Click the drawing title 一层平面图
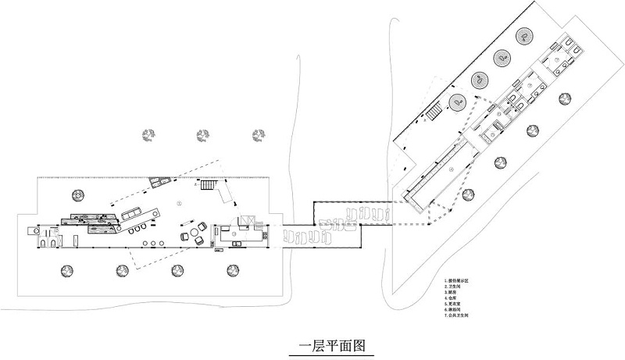click(333, 344)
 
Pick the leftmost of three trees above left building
click(148, 136)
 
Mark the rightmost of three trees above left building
click(256, 136)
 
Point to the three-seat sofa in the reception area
click(131, 212)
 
